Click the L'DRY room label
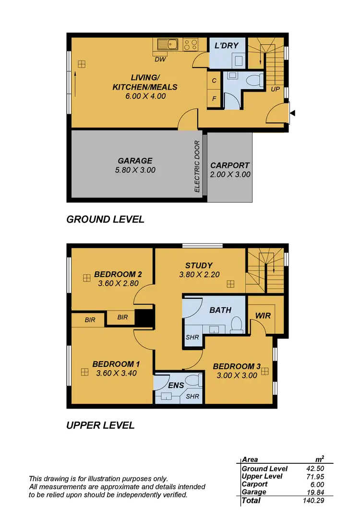[x=228, y=47]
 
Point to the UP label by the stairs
[x=275, y=89]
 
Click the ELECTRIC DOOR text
[x=197, y=166]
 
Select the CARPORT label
[x=230, y=165]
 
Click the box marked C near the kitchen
[x=214, y=81]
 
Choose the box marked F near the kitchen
[x=214, y=99]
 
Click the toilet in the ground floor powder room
[x=232, y=75]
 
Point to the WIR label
[x=263, y=316]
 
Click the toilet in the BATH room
[x=236, y=325]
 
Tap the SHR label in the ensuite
[x=192, y=397]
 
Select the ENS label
[x=176, y=385]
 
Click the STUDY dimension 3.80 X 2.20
[x=199, y=275]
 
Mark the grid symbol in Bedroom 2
[x=86, y=278]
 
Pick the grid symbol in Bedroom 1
[x=85, y=372]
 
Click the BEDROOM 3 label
[x=237, y=367]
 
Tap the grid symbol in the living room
[x=82, y=64]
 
